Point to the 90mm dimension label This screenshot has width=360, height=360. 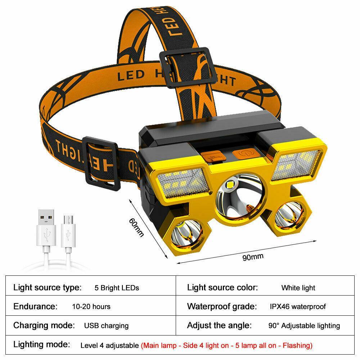252,257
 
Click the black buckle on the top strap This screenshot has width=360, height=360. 185,67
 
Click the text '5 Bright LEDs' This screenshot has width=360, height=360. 117,288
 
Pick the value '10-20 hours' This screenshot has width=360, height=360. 91,307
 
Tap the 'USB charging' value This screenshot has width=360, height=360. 106,326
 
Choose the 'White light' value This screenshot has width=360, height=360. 298,288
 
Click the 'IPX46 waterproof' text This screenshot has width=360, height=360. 298,307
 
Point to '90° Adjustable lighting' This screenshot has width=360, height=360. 304,326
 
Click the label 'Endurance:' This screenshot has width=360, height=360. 35,307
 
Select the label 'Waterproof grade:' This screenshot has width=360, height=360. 222,307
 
